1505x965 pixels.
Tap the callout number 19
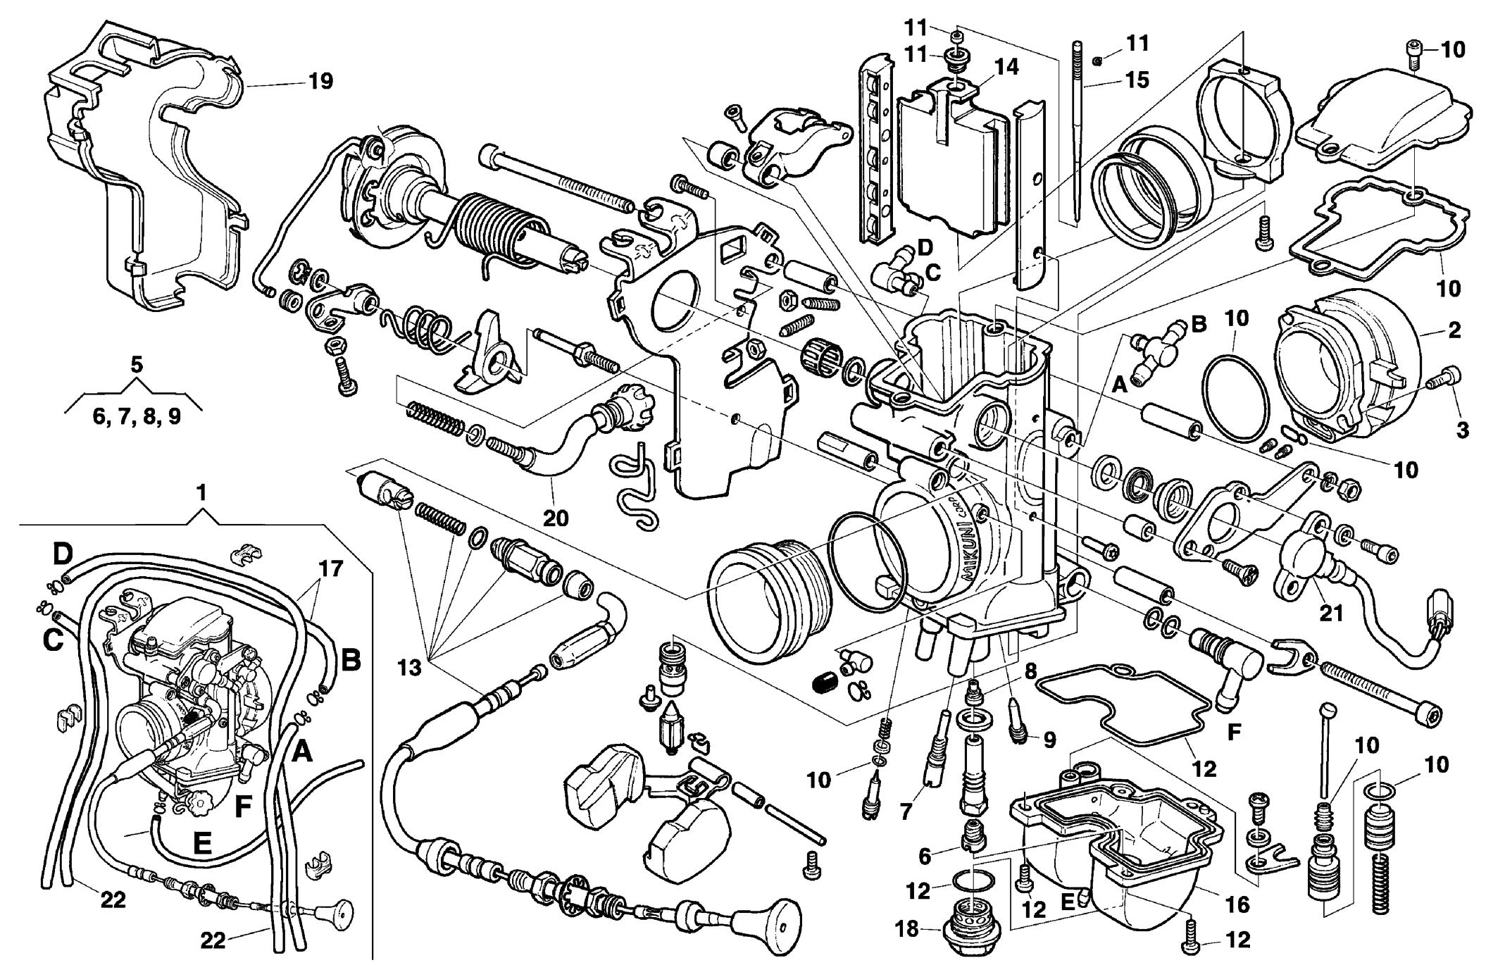320,81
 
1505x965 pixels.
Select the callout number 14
1006,67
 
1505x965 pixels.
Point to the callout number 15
1137,80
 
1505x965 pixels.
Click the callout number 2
1454,329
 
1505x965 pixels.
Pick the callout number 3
1462,429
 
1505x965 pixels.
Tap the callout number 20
555,518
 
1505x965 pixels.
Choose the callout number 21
1331,613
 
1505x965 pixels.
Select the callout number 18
908,929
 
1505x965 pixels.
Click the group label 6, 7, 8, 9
137,417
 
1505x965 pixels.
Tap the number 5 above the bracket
137,364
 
